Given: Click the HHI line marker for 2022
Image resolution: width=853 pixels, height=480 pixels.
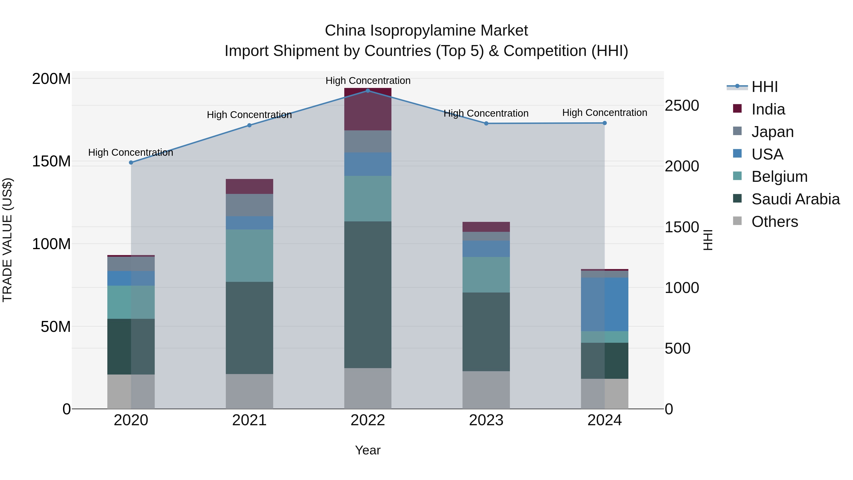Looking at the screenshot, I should [x=368, y=91].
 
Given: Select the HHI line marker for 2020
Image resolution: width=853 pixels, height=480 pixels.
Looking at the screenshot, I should [x=131, y=162].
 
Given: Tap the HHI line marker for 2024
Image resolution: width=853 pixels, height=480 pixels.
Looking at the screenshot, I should [x=604, y=123].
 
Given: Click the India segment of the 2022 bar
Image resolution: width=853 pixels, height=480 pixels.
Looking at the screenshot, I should [x=368, y=109].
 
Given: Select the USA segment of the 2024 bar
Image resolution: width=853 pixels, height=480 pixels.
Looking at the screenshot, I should [x=604, y=304].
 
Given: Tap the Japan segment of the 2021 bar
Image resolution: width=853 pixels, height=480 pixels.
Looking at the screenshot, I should [x=249, y=205].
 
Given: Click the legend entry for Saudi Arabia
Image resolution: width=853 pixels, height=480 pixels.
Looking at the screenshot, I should [x=795, y=199].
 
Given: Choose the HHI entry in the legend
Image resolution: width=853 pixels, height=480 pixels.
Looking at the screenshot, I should [x=764, y=87].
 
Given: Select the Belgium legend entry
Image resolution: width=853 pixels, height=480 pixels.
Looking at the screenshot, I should [x=779, y=177].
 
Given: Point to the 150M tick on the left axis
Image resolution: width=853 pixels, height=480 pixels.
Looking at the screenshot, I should [x=51, y=161].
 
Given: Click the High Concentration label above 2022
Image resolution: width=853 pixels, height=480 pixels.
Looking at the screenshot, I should [x=368, y=81].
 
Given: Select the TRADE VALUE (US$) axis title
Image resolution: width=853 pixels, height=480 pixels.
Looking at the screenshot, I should [x=7, y=240].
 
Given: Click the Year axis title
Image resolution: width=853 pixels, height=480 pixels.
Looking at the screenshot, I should [x=368, y=450].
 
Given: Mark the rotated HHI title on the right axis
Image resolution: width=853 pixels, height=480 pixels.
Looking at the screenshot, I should [x=708, y=240].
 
